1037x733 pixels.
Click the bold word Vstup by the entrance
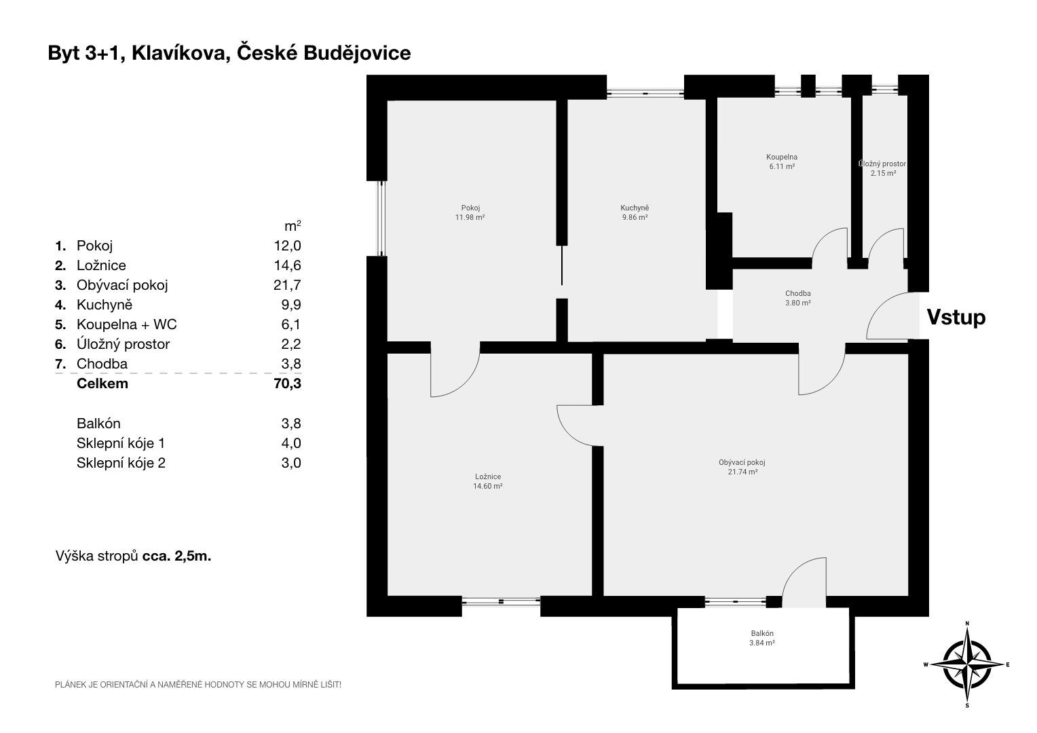956,318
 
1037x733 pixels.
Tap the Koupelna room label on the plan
782,162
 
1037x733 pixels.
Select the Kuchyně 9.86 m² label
635,212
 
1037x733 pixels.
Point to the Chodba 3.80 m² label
797,298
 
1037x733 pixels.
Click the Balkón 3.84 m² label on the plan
762,638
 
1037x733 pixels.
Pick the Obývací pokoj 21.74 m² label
742,467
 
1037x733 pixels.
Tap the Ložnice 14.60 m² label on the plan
488,481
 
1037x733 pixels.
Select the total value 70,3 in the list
288,384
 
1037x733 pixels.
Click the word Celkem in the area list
102,384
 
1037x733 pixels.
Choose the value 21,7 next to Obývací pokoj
287,285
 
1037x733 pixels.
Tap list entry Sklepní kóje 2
121,463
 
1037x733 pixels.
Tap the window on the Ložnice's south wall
501,601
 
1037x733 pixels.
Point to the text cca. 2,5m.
177,556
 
